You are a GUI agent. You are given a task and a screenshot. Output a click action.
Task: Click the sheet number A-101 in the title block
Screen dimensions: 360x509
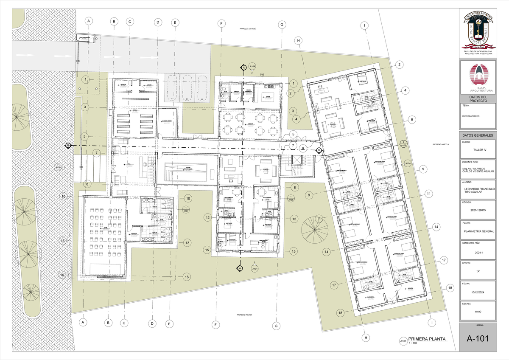478,339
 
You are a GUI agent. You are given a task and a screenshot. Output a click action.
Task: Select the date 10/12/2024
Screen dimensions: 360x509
478,292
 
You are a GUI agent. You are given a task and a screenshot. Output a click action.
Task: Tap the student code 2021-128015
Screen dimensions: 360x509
478,210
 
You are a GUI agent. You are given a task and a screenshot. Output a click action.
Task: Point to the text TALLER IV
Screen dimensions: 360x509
478,150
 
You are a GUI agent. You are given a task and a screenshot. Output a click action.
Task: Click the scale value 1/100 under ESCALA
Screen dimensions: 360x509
478,312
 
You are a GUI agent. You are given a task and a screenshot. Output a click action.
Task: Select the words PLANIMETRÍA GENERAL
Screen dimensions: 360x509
478,231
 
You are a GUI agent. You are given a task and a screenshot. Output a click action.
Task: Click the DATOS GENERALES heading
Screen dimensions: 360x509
478,135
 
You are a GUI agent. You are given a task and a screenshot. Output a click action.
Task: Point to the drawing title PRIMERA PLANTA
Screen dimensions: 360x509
427,339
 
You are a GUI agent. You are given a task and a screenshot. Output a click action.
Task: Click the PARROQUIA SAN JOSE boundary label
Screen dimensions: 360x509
248,29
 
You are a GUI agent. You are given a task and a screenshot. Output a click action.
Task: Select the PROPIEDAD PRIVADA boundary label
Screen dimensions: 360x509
244,315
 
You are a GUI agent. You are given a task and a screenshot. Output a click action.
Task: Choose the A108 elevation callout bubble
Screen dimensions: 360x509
291,198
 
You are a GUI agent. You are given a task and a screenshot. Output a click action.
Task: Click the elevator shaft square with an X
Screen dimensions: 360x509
295,160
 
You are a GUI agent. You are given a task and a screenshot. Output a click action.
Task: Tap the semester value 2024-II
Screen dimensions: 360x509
478,252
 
